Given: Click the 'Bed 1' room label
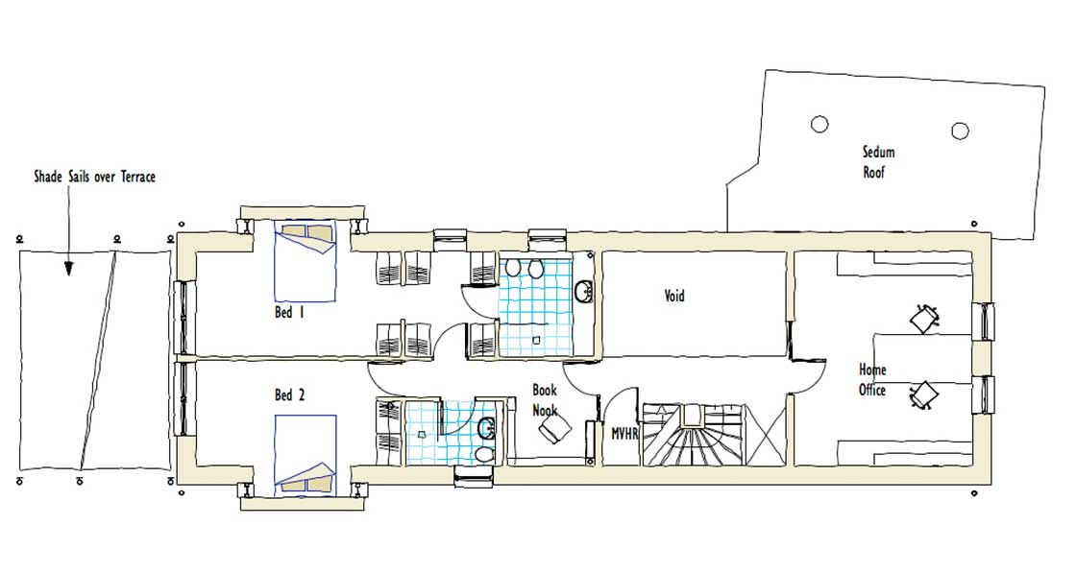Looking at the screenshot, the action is [289, 313].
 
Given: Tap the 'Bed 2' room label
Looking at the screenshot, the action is [289, 394].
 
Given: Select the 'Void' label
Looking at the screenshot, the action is [674, 296].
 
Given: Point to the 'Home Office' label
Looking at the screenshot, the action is [872, 380].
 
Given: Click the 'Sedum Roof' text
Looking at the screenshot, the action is [878, 162].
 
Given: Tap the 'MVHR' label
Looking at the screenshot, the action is [625, 434].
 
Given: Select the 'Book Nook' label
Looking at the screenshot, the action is [545, 400].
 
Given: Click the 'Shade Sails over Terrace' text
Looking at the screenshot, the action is [95, 177].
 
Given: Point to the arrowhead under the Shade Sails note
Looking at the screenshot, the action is [68, 269].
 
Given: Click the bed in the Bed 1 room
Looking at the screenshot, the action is [306, 261].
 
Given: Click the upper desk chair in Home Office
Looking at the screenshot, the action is [924, 318].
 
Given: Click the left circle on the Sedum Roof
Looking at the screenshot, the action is [819, 124].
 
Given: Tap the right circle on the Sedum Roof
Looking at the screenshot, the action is [960, 131].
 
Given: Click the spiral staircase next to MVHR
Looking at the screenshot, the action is [693, 435].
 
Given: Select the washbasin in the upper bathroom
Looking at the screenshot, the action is [584, 291].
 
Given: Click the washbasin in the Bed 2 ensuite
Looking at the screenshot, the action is [486, 428].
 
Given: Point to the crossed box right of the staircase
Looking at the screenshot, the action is [765, 435].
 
